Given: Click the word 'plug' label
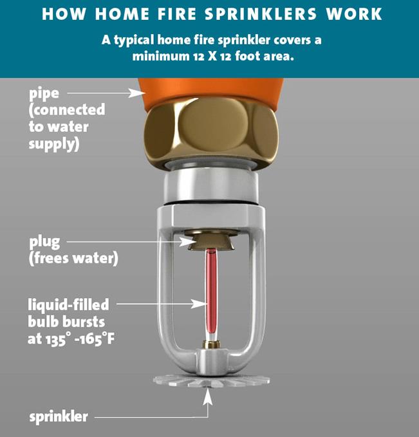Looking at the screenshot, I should point(44,243).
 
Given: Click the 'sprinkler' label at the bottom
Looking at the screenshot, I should point(58,416).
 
